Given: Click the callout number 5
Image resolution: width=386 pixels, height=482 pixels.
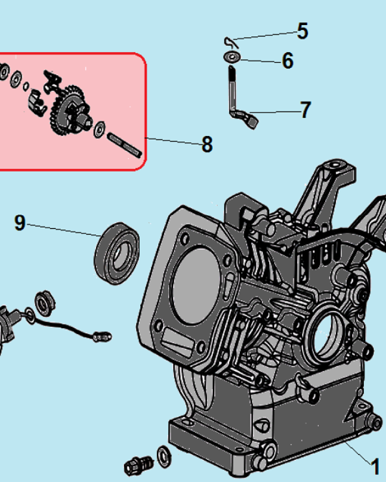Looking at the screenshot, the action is pos(303,31).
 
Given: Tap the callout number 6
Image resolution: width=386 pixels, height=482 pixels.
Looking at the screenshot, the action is pos(288,61).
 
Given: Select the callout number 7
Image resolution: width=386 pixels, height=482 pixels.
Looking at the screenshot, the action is pos(305,110).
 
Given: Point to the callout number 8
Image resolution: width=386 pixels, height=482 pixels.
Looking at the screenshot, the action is pos(207,144).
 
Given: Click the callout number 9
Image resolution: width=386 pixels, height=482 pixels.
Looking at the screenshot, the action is pos(20,223).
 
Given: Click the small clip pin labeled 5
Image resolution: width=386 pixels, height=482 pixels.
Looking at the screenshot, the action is pos(231,42).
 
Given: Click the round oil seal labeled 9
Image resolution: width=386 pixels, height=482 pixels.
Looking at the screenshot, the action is pos(117,254).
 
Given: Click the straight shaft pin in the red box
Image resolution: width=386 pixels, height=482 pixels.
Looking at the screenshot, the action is pos(124,145).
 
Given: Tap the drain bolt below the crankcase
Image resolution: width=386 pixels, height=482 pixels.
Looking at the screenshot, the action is pos(139,465).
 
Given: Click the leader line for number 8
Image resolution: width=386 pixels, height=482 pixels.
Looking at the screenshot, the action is pos(174,141).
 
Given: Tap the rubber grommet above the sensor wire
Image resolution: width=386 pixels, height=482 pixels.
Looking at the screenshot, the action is pos(45,303).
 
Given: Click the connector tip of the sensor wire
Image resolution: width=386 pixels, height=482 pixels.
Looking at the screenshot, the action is pos(102,337).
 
